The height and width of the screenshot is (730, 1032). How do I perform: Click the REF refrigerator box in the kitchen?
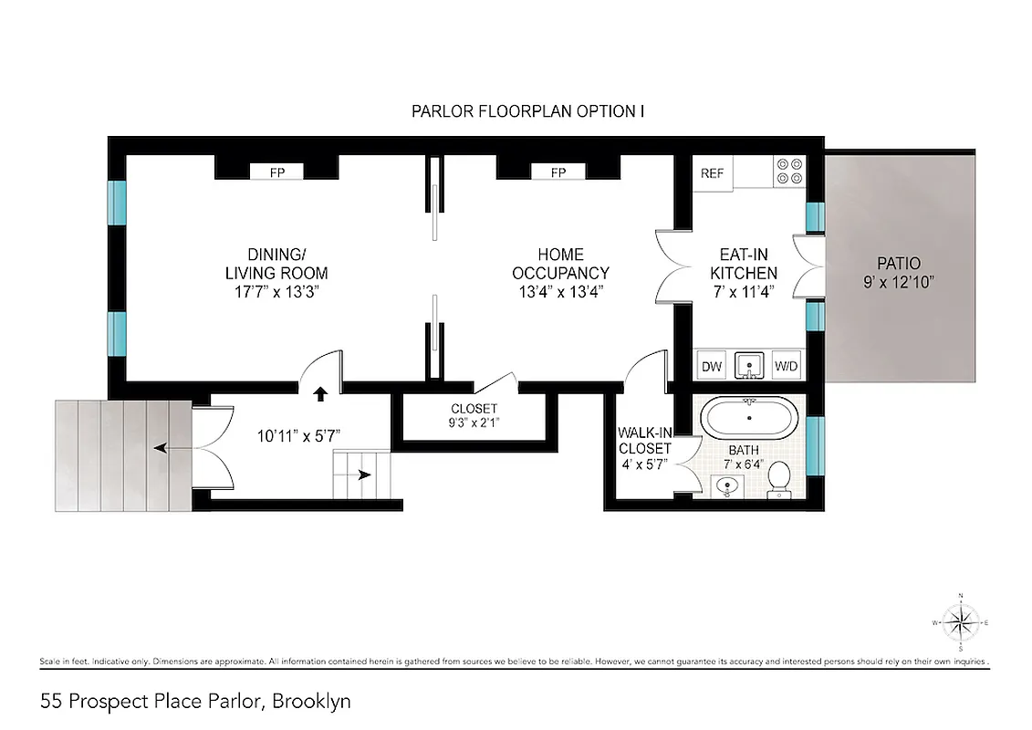712,173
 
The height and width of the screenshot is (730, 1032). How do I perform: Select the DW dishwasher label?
712,367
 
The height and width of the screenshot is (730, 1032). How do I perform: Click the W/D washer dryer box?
786,367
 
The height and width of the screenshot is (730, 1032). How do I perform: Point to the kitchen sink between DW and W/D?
748,365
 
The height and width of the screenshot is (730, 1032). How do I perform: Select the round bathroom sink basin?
727,485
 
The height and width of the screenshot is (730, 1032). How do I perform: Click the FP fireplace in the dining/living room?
276,172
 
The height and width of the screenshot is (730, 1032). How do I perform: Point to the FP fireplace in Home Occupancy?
558,172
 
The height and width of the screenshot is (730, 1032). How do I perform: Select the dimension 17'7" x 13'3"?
276,291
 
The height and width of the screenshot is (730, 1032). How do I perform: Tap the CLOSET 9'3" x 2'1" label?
474,416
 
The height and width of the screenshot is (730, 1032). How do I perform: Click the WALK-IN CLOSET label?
644,448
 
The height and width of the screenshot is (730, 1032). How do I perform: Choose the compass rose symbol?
959,624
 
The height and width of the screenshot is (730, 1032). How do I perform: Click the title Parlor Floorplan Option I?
528,111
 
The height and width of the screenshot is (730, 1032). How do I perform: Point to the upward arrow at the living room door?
320,394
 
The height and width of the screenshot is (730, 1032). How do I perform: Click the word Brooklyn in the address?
312,702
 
